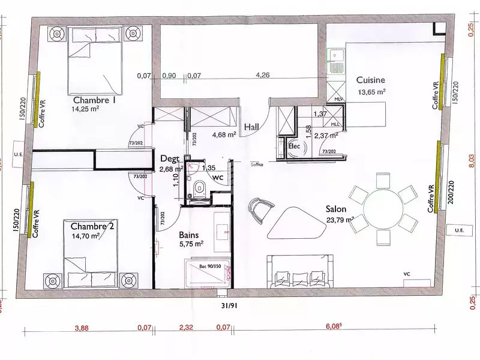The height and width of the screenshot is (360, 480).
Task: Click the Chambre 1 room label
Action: [x=94, y=100]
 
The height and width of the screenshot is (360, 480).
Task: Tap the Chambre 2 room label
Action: [x=92, y=226]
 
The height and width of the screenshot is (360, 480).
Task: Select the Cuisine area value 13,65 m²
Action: [x=371, y=92]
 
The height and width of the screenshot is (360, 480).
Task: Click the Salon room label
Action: [x=337, y=209]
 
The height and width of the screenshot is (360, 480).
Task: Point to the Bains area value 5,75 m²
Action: [x=191, y=244]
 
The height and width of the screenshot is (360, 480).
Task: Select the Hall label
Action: [x=253, y=127]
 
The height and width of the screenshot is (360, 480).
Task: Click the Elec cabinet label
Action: [x=294, y=145]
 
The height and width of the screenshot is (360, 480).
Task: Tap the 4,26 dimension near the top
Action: [x=262, y=76]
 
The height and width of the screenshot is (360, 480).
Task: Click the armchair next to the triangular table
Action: [x=261, y=208]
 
